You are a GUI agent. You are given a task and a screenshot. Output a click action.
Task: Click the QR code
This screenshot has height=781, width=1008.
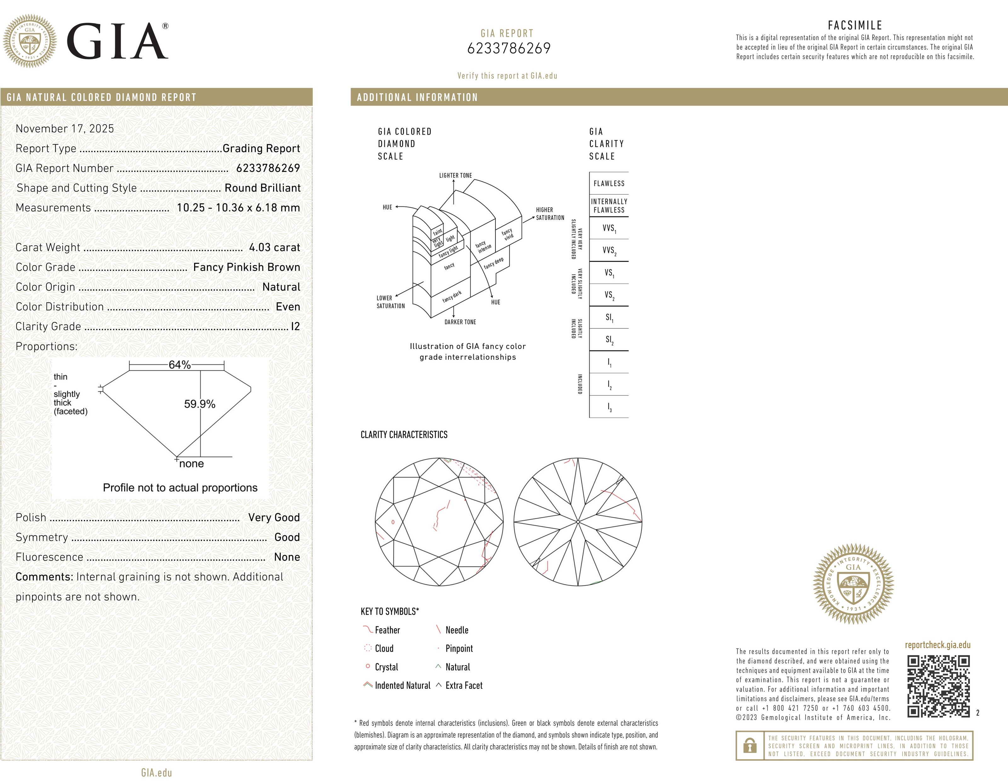[x=938, y=687]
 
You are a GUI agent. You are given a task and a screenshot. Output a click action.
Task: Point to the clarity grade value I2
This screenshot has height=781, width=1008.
[x=295, y=327]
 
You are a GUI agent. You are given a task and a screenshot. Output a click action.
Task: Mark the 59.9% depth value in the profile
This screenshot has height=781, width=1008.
[x=199, y=404]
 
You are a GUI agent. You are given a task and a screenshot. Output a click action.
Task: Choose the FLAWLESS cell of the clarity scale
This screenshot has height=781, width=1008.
[x=609, y=184]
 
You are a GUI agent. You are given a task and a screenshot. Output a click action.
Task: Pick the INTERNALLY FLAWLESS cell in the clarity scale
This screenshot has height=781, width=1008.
[x=609, y=206]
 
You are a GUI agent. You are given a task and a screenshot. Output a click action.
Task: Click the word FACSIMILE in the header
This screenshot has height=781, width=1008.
[x=855, y=26]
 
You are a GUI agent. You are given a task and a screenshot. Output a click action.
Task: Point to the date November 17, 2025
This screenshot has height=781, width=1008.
[x=65, y=129]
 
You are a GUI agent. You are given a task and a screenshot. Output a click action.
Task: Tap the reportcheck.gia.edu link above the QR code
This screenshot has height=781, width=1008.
[x=937, y=645]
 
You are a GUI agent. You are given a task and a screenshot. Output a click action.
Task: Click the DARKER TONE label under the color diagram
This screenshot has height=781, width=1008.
[x=460, y=322]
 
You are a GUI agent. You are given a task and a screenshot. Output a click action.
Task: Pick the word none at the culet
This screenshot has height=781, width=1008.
[x=192, y=464]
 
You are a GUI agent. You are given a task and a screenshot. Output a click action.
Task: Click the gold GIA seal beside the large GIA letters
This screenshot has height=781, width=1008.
[x=30, y=41]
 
